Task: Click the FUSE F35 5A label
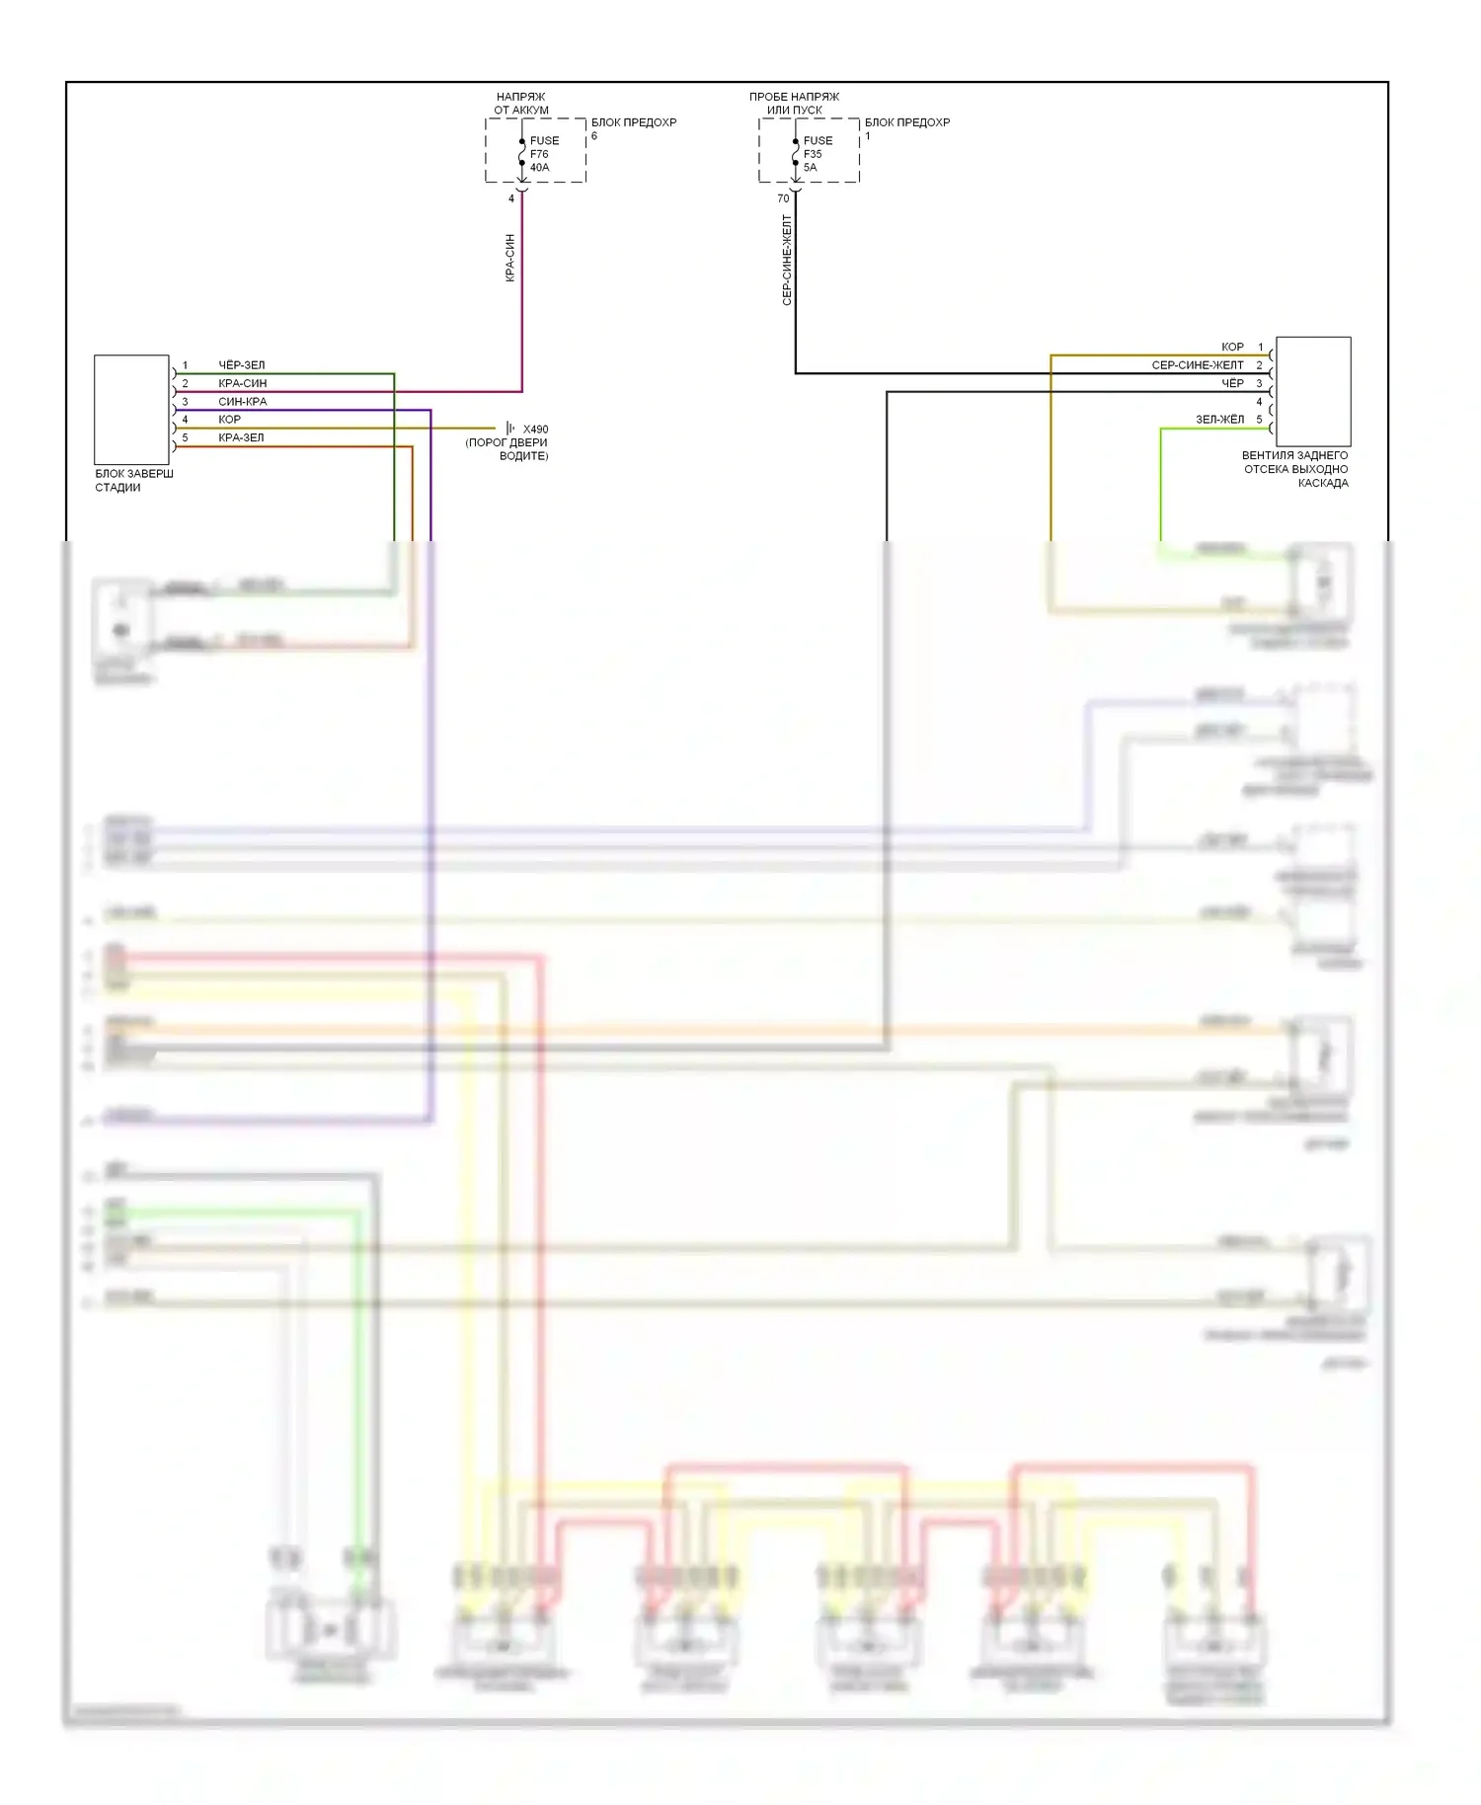[817, 154]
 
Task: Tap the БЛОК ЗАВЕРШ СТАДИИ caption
[133, 481]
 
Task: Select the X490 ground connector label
[535, 430]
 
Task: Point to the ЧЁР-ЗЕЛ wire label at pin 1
[241, 365]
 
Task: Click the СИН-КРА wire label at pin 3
[242, 402]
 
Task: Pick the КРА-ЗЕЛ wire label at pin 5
[241, 437]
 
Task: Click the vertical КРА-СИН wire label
[510, 258]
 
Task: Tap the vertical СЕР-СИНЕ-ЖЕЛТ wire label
[787, 261]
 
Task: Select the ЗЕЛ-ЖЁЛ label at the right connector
[1219, 420]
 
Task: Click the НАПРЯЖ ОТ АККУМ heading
[520, 104]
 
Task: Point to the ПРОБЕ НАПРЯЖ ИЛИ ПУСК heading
[794, 104]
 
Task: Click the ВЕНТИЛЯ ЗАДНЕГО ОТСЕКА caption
[1294, 469]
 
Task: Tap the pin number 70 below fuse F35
[783, 198]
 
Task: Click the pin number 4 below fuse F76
[511, 198]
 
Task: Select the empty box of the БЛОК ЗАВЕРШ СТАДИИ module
[131, 409]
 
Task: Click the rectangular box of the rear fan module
[1313, 391]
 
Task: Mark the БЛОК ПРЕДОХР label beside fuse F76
[634, 122]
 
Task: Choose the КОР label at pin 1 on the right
[1232, 348]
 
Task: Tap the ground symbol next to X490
[509, 428]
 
